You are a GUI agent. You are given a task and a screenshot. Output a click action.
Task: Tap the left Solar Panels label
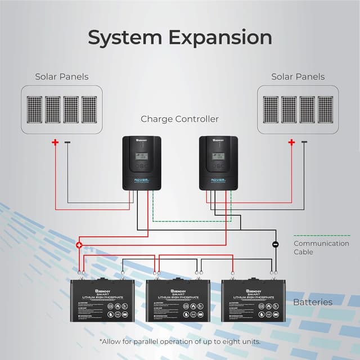(62, 76)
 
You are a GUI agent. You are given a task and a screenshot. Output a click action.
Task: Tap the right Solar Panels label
(298, 76)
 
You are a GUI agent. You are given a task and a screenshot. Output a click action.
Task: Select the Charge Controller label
(179, 119)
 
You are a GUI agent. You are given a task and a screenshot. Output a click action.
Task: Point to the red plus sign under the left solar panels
(55, 143)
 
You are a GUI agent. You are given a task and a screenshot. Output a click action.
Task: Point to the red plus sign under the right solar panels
(291, 143)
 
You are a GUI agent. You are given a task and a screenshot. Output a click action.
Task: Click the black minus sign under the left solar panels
(67, 142)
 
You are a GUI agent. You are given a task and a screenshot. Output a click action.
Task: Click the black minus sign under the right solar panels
(304, 142)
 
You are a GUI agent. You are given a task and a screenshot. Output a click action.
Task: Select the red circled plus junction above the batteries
(79, 245)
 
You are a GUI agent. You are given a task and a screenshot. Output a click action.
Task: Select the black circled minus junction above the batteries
(276, 245)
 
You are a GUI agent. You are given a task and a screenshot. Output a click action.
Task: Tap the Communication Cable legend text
(321, 247)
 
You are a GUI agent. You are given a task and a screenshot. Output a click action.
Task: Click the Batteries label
(313, 302)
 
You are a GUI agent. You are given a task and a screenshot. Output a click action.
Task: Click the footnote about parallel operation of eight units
(179, 342)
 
